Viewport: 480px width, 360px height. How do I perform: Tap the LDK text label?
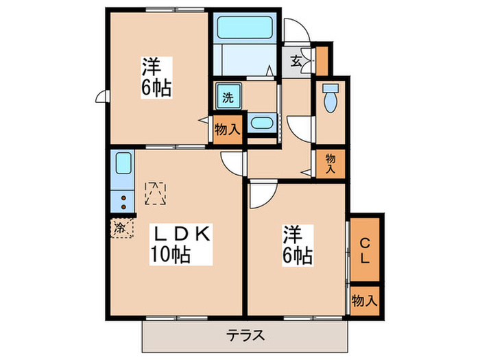tap(181, 235)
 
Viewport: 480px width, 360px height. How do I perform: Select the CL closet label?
tap(365, 251)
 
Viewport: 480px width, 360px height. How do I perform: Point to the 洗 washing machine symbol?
tap(228, 97)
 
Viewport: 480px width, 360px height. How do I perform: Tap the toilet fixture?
tap(330, 99)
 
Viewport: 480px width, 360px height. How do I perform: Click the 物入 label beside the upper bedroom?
tap(227, 130)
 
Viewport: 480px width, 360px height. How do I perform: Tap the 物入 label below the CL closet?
tap(364, 300)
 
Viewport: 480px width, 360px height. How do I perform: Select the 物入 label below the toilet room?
tap(331, 163)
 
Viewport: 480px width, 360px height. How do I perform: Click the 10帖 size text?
tap(171, 255)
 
